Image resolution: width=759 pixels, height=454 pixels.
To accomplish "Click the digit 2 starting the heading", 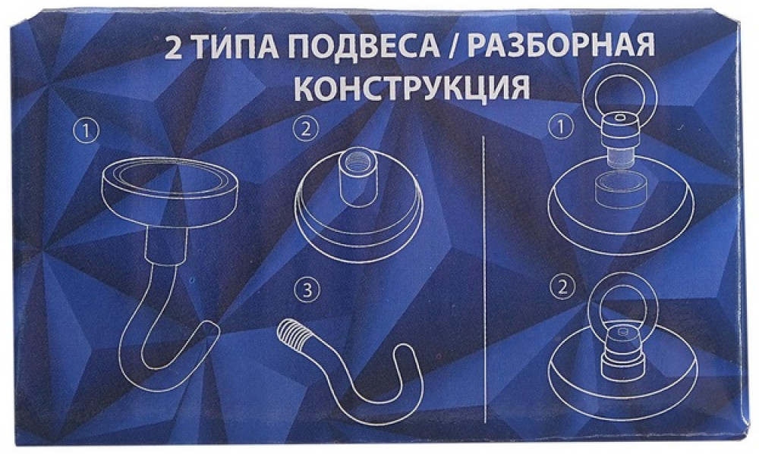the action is pos(173,48).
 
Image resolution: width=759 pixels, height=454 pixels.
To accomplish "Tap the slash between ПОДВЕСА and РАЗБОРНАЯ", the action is pos(452,46).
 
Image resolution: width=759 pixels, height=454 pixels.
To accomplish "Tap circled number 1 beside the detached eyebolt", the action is pos(561,127).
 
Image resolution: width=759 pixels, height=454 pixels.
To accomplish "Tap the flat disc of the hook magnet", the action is pos(170,192).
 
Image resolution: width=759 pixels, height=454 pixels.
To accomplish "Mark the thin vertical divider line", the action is pos(484,279).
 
